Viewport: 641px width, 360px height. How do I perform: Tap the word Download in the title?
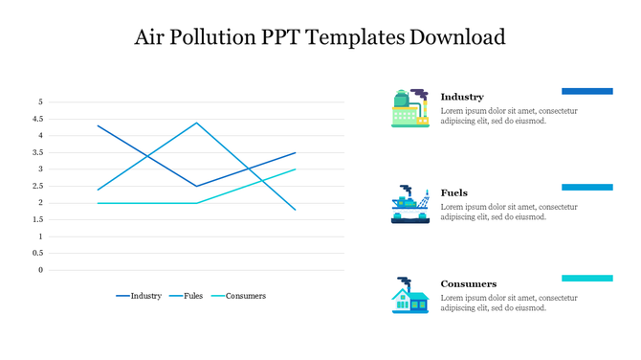pos(456,38)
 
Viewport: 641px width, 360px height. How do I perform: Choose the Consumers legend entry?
pos(245,296)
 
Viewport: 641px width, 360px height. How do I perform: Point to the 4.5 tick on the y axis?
pos(38,119)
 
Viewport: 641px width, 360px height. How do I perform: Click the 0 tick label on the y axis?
pos(40,270)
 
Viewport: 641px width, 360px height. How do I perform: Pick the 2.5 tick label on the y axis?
pos(38,186)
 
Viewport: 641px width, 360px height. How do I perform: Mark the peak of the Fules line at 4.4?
pos(196,123)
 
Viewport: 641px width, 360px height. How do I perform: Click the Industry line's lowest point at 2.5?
pos(196,186)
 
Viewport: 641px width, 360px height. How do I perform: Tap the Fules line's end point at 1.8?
pos(296,210)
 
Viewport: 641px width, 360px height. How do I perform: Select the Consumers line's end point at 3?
pos(296,169)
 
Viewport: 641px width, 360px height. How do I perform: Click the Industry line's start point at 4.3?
pos(98,125)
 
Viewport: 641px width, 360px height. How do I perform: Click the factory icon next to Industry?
pos(409,108)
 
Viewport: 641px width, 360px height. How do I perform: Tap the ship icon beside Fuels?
pos(409,204)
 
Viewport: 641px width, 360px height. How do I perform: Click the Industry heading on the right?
pos(462,97)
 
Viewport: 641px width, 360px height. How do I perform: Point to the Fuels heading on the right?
pos(454,192)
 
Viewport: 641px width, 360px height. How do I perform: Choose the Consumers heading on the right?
pos(469,283)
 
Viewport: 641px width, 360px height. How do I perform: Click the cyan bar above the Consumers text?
pos(586,279)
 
